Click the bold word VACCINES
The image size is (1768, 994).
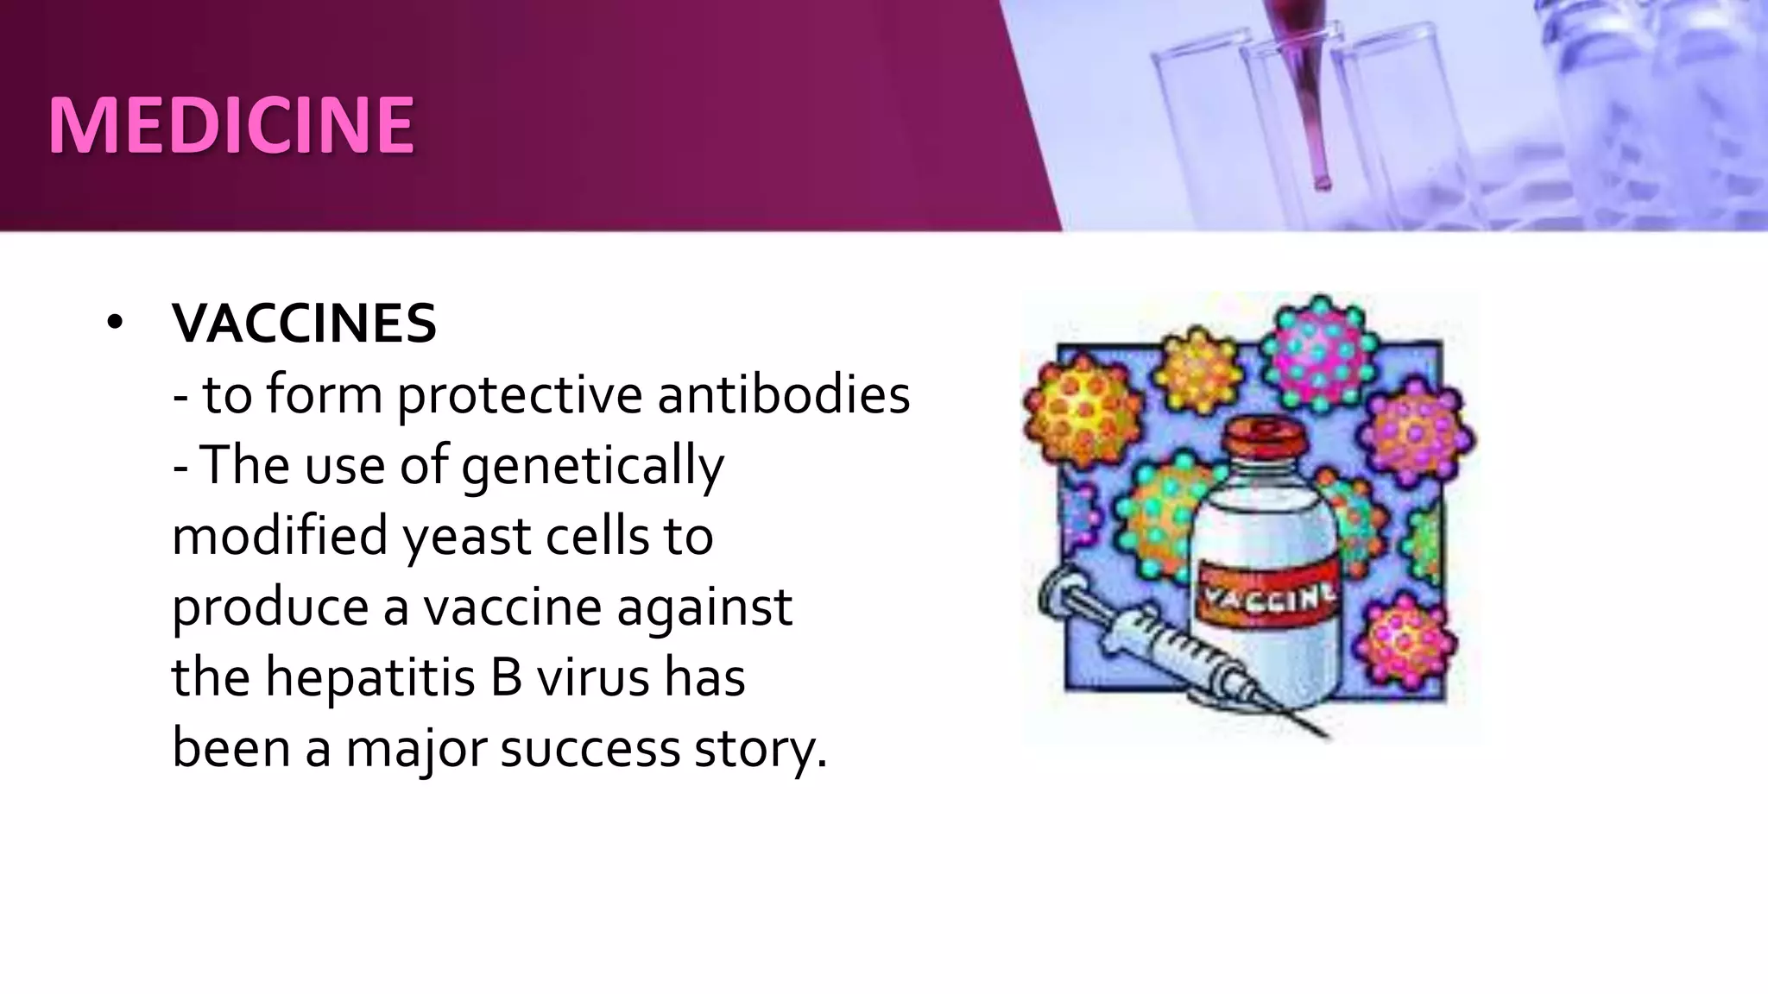pyautogui.click(x=304, y=324)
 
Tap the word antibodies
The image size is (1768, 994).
pyautogui.click(x=783, y=395)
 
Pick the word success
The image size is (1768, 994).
pyautogui.click(x=590, y=748)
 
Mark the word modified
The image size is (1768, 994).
pyautogui.click(x=280, y=537)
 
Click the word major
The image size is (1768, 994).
pyautogui.click(x=416, y=748)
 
